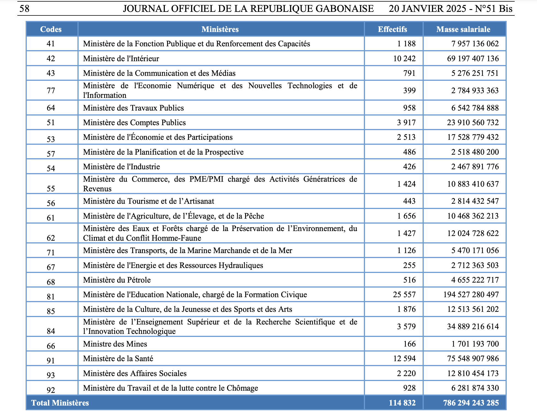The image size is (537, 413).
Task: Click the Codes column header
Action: [x=51, y=29]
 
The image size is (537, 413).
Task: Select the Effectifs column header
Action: [x=392, y=29]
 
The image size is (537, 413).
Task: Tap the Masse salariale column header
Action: [x=463, y=29]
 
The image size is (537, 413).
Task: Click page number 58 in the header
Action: [x=24, y=9]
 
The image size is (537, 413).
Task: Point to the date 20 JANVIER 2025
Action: [x=427, y=9]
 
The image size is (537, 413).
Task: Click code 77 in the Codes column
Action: [x=51, y=90]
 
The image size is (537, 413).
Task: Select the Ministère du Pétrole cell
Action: [x=117, y=280]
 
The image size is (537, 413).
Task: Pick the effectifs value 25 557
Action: [x=404, y=294]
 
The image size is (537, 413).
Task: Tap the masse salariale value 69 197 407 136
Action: [x=473, y=58]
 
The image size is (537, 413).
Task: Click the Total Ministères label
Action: [x=60, y=403]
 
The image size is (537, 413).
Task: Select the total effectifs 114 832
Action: [x=402, y=403]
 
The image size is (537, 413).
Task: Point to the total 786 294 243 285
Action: [x=471, y=403]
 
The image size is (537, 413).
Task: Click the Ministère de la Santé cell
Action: [x=118, y=358]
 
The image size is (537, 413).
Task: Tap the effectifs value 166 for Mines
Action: [x=409, y=344]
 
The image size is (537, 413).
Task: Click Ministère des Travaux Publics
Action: [x=133, y=108]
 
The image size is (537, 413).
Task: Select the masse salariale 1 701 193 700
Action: [x=475, y=344]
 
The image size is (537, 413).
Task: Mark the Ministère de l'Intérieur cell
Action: [x=121, y=58]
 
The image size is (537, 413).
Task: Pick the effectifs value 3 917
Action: [x=406, y=122]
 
